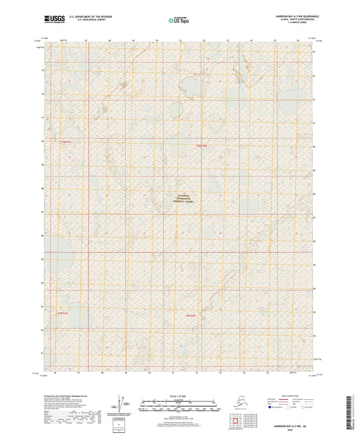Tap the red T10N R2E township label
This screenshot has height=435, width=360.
[200, 145]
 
